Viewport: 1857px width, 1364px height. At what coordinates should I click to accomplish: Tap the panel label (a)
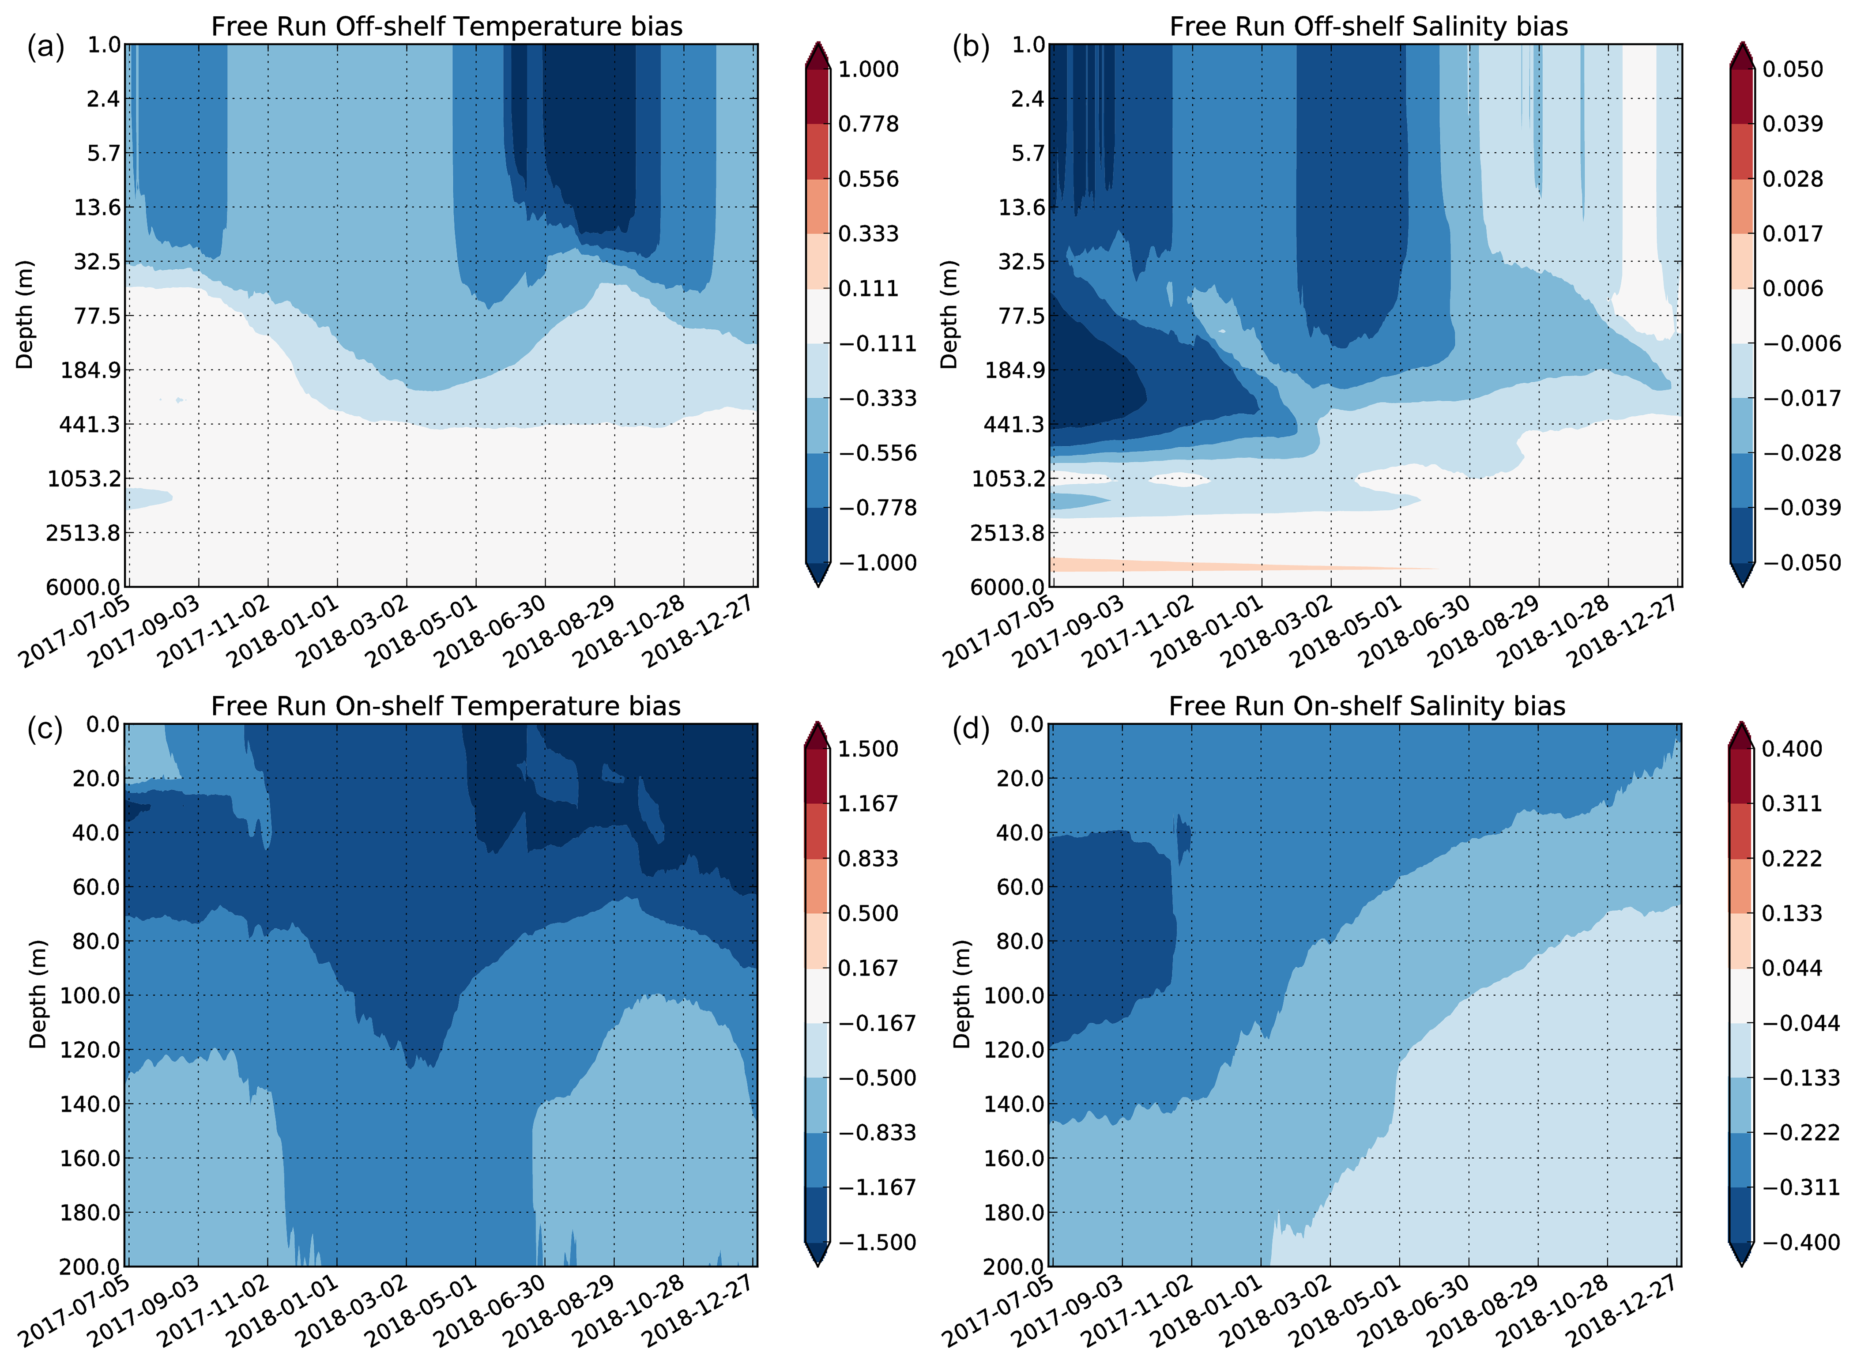tap(45, 48)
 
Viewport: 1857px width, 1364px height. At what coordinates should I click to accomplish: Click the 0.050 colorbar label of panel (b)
tap(1792, 69)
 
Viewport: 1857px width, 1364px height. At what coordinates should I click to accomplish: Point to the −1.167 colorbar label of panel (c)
tap(877, 1187)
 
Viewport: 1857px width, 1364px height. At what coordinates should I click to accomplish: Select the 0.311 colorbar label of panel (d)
tap(1792, 803)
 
